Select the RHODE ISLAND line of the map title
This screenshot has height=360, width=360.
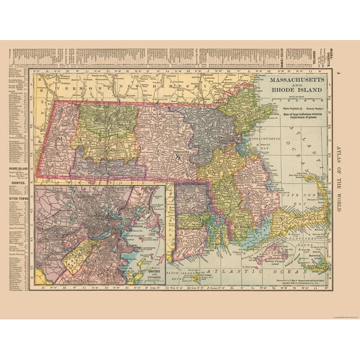(x=297, y=91)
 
